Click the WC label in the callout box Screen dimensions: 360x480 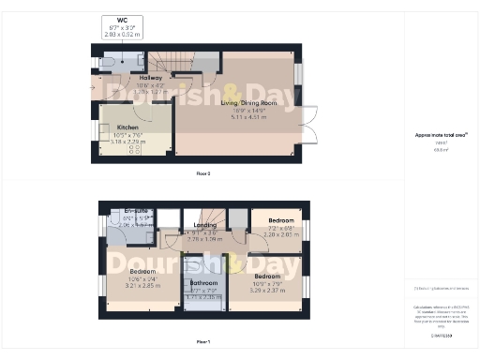[122, 20]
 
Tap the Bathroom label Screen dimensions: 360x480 [203, 282]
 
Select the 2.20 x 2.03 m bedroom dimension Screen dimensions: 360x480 [275, 234]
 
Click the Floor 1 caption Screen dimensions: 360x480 [202, 342]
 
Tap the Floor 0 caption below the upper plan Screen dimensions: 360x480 [202, 173]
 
